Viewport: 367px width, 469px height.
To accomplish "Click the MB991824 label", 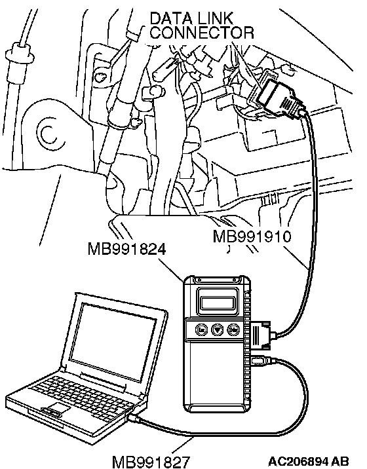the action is tap(126, 249).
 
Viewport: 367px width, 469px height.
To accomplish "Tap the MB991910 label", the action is tap(252, 236).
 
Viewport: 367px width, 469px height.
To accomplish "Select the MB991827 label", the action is tap(151, 462).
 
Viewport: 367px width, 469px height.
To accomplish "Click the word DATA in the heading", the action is tap(169, 18).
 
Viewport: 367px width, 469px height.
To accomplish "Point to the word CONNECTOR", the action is tap(202, 32).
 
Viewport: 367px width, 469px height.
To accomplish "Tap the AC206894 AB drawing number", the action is tap(308, 461).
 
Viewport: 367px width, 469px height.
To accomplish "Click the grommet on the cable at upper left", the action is tap(18, 53).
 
